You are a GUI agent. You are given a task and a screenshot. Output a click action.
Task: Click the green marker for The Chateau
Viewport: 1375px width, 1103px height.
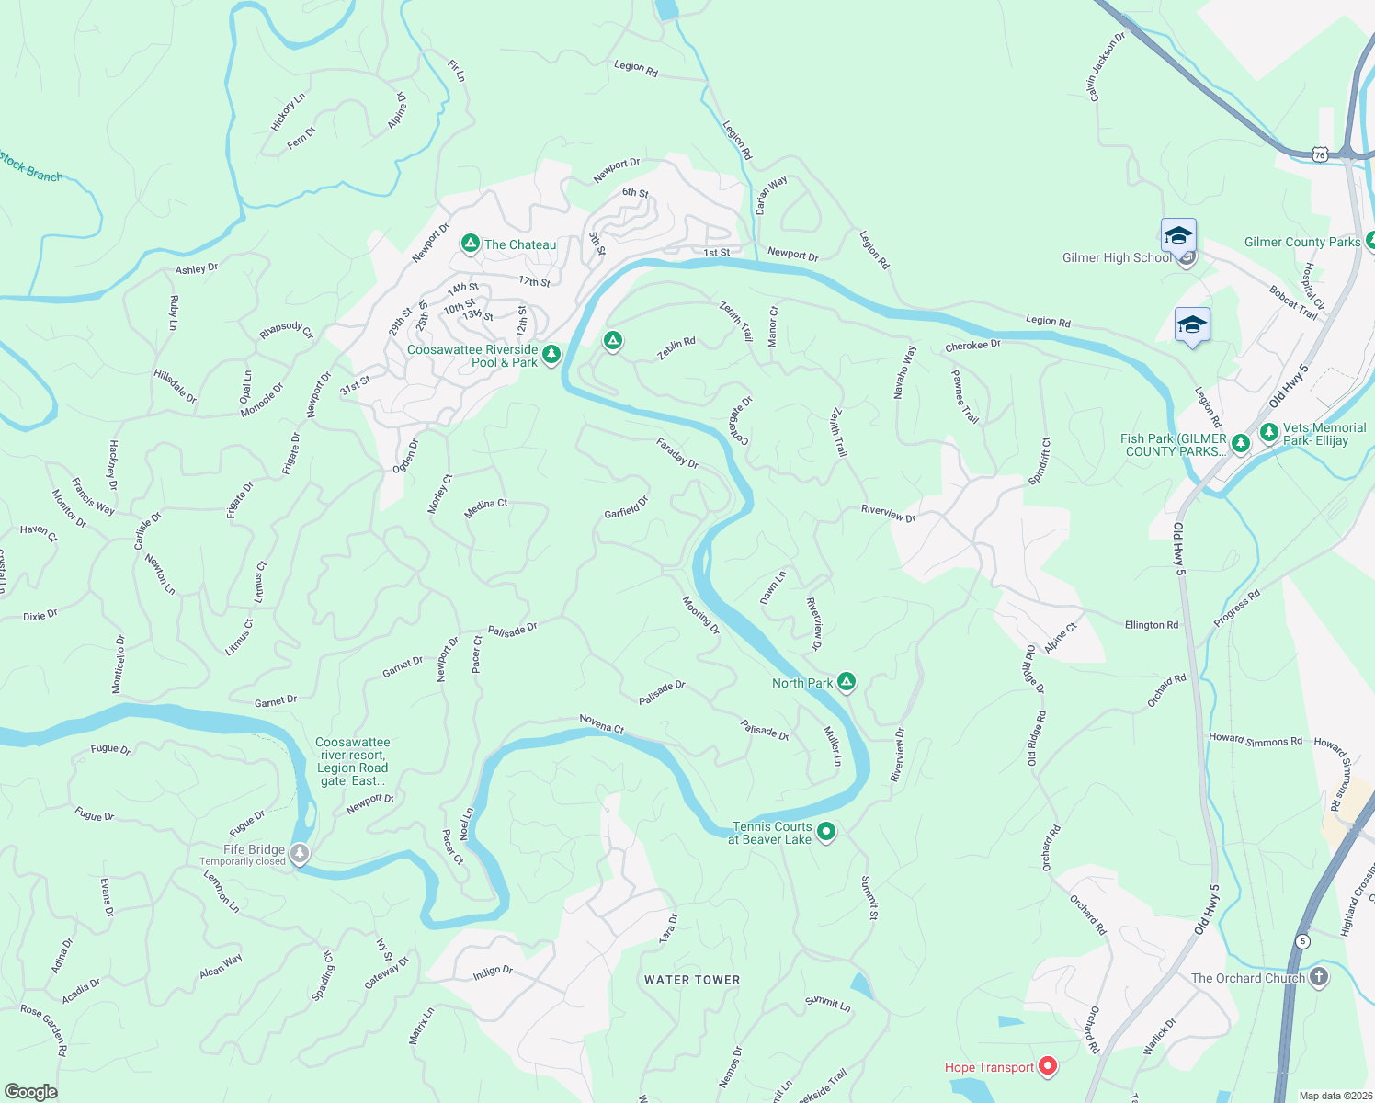click(x=470, y=244)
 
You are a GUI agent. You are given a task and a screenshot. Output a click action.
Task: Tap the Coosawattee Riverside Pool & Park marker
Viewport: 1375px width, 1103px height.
click(x=551, y=354)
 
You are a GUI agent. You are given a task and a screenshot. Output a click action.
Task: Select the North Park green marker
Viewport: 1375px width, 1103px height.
click(x=847, y=682)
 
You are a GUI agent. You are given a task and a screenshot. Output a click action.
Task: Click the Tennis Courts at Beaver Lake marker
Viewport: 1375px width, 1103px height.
click(x=826, y=832)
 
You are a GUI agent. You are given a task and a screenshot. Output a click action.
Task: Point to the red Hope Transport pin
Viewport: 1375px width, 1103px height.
click(x=1048, y=1066)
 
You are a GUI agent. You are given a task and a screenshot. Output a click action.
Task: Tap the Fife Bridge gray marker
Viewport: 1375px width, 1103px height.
click(x=300, y=853)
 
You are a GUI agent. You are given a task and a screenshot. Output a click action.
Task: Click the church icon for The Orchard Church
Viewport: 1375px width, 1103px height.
click(x=1319, y=977)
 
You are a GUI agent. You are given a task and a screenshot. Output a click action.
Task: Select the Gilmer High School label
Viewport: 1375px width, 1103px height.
click(x=1117, y=258)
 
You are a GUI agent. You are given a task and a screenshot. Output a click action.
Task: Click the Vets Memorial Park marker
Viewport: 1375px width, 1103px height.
click(x=1269, y=432)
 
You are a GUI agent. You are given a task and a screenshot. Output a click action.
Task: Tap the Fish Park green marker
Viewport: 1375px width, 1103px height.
click(x=1240, y=444)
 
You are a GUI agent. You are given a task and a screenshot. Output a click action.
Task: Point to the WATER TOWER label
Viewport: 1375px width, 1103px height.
click(x=692, y=980)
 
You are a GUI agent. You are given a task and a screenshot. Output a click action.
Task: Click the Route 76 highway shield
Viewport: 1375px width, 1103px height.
click(x=1321, y=155)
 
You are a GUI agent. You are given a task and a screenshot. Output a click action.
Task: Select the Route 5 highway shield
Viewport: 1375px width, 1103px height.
click(x=1302, y=941)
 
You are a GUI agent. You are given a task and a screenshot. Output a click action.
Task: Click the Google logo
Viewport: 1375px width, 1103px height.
click(x=31, y=1091)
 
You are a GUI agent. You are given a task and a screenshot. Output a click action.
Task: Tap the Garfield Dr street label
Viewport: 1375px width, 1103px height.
click(x=626, y=506)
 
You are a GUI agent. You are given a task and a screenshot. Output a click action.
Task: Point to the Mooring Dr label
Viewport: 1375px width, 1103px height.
click(x=700, y=615)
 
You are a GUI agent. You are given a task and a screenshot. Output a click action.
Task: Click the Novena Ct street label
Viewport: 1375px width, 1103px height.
click(x=602, y=724)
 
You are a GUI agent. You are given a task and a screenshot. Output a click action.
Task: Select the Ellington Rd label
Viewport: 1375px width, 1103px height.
click(x=1151, y=625)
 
